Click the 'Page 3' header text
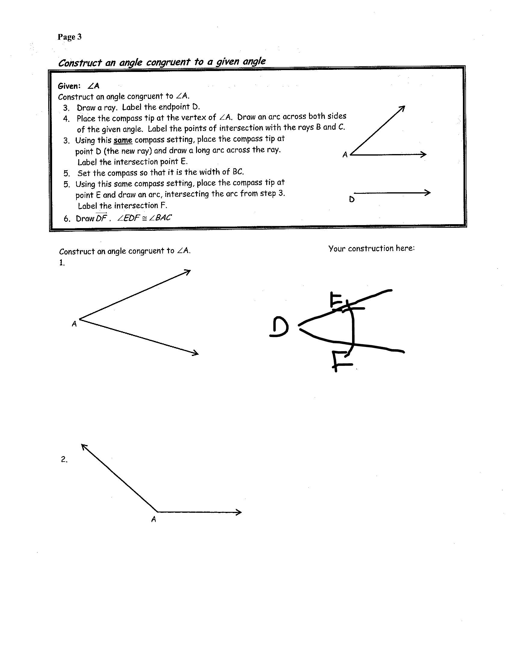pos(70,37)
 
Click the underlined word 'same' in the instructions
pos(123,140)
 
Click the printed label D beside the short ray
pos(351,200)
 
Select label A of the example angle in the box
pos(345,155)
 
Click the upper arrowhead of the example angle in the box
pos(402,108)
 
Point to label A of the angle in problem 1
pos(74,324)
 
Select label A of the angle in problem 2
pos(154,520)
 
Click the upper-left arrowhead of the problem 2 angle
pos(84,447)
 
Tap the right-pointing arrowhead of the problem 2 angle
pos(239,512)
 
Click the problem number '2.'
pos(64,459)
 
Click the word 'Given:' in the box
pos(69,86)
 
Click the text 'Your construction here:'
pos(371,249)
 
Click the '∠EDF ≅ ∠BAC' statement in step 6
pos(144,218)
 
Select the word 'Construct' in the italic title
pos(80,63)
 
